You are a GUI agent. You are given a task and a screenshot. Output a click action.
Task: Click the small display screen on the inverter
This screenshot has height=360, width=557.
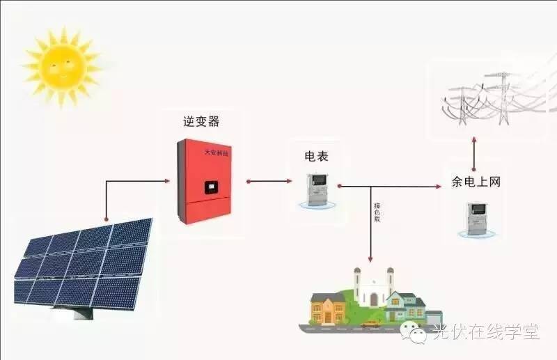[x=209, y=187]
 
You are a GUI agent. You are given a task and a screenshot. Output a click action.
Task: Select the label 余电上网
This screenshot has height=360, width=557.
[x=476, y=182]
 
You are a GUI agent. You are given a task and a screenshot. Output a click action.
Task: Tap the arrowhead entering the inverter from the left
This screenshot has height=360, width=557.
[x=166, y=181]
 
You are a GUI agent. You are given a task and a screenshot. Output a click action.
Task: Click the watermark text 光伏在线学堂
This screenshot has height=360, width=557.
[x=485, y=334]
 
